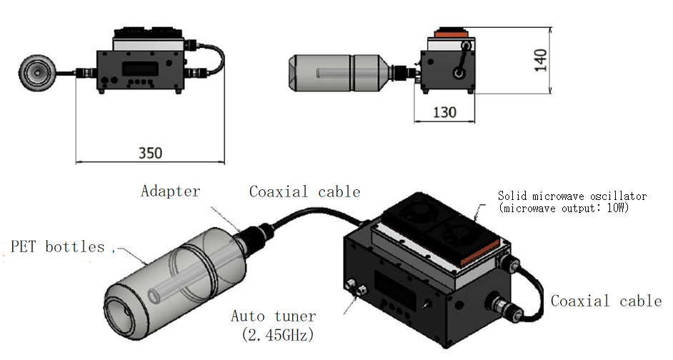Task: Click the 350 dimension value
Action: tap(150, 153)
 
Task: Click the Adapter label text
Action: tap(171, 191)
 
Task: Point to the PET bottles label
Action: tap(57, 246)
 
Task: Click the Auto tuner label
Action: tap(274, 315)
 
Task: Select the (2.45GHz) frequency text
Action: tap(274, 333)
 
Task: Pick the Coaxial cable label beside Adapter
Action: tap(304, 191)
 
